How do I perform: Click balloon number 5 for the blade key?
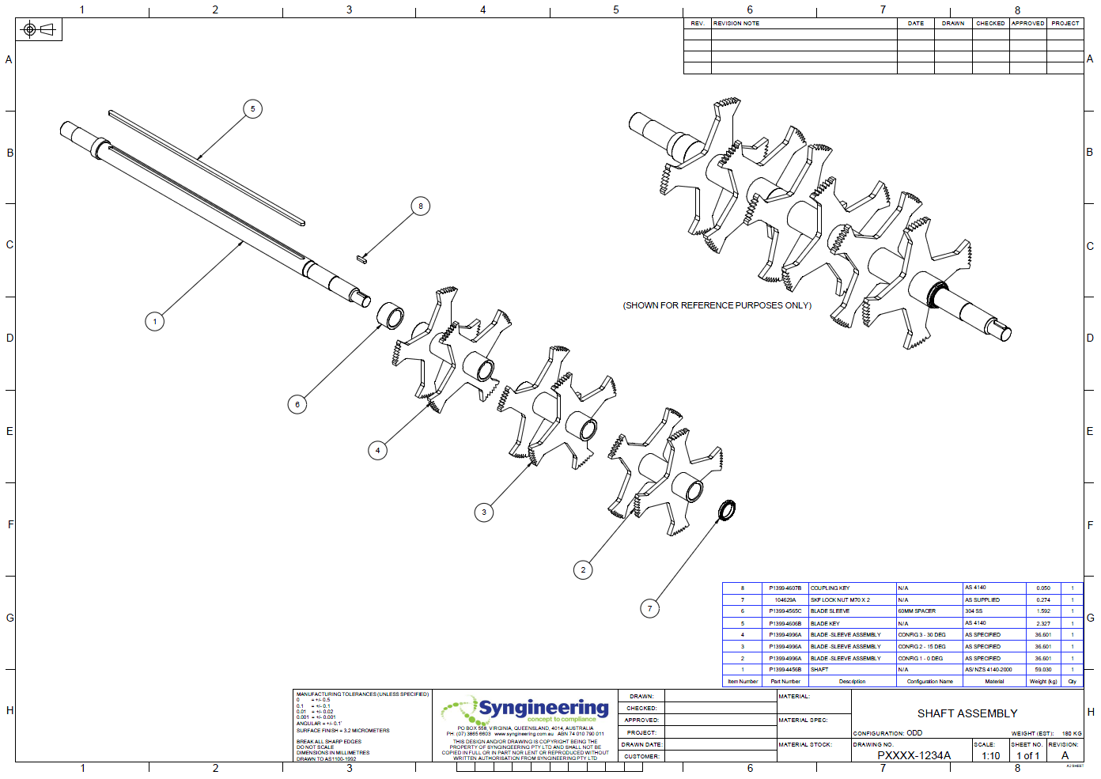252,109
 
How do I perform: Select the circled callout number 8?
420,206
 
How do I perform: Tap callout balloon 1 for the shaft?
155,321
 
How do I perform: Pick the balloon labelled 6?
297,404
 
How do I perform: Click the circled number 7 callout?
649,608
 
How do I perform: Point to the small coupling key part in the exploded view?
362,258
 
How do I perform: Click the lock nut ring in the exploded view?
726,510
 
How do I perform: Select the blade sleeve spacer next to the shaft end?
390,316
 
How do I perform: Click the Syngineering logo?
526,709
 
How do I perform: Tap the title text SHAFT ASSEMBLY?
967,713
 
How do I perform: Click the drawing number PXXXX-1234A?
914,755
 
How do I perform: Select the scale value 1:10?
990,755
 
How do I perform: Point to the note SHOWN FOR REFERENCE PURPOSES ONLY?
717,305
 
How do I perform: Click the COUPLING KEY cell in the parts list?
830,588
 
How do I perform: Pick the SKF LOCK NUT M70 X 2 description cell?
840,600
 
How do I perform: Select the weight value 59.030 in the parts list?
1043,670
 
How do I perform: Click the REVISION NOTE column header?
736,24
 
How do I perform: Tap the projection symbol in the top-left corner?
39,30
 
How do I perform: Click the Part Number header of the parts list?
785,681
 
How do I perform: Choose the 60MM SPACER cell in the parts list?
917,611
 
